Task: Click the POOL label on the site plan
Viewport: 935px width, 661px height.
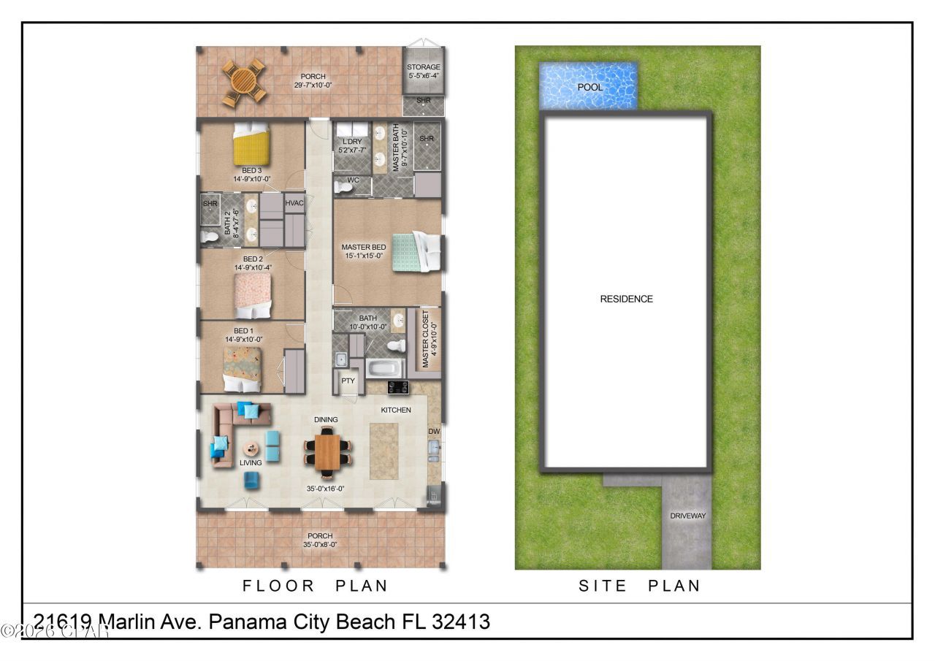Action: coord(590,87)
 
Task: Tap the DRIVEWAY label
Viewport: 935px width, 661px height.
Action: coord(687,516)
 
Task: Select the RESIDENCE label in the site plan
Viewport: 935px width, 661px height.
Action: coord(626,299)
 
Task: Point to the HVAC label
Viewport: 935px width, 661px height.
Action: coord(294,203)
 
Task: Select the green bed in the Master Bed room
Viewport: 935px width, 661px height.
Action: coord(413,252)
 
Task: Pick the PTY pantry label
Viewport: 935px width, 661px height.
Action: coord(348,381)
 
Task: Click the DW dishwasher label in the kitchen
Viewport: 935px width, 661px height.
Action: coord(434,432)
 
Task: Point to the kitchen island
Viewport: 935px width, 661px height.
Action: coord(384,451)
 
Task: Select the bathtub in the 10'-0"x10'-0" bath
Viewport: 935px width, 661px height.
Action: coord(383,367)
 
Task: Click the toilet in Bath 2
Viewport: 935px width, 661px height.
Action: coord(210,236)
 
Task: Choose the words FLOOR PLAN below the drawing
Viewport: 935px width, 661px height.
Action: coord(315,586)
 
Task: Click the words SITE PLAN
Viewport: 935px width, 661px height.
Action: coord(640,586)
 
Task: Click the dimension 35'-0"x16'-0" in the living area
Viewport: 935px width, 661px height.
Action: coord(326,489)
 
